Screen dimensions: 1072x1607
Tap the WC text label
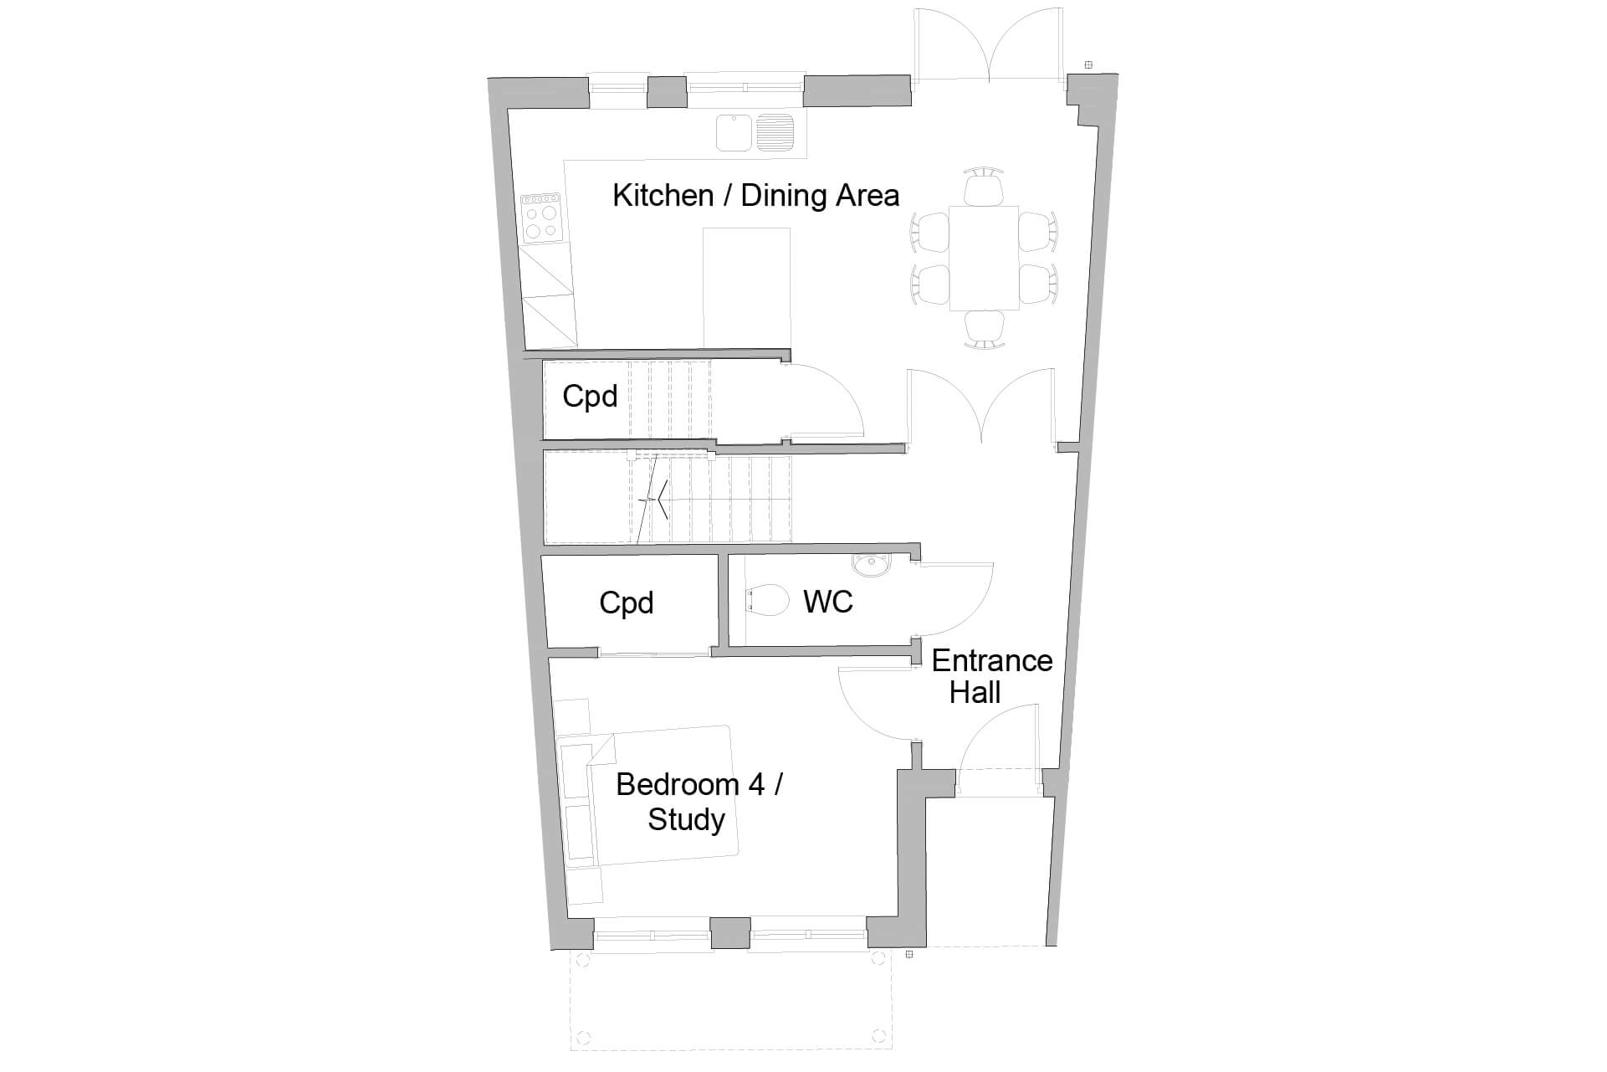coord(827,602)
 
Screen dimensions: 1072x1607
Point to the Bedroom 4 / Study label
coord(698,802)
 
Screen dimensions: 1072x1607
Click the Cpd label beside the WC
coord(626,603)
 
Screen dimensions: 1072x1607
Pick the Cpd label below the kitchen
coord(589,396)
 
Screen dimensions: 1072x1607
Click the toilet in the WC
coord(768,600)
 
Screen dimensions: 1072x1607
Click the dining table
coord(983,257)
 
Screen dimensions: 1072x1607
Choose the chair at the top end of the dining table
coord(983,185)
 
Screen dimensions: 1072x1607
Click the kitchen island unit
coord(746,286)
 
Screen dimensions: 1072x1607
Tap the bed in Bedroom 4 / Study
coord(661,795)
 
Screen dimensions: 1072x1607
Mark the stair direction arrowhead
coord(660,500)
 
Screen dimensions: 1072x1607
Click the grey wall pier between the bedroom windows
coord(729,933)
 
